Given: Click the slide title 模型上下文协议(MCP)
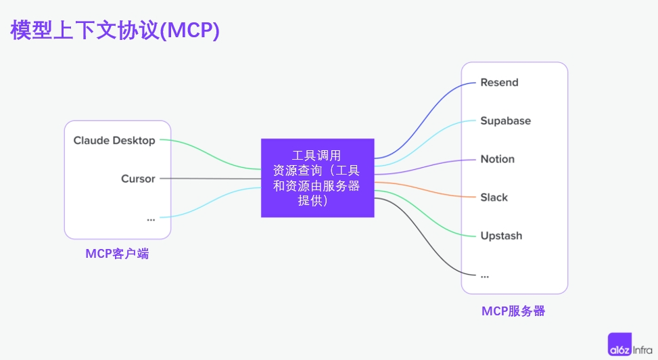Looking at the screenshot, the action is [115, 30].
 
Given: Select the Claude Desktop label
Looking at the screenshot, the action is [114, 140].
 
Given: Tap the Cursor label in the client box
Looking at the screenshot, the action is [138, 179].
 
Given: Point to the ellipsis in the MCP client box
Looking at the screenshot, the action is [151, 219].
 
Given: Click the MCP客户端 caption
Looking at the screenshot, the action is [117, 254].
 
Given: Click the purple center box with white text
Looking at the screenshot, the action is [318, 178].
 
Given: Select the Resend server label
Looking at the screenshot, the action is [499, 83].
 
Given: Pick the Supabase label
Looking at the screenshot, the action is [506, 121].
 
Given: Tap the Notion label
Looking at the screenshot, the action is [497, 159].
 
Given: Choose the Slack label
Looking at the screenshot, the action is [494, 198].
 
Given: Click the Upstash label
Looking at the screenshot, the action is [502, 235].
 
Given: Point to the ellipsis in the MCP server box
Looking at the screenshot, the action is [485, 276].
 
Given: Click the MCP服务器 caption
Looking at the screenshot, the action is [513, 311].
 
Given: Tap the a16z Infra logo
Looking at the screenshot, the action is [630, 344].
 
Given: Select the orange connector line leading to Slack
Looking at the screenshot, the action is [425, 189].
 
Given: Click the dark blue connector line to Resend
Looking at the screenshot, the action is [425, 120].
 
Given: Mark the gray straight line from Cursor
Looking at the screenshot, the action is [211, 179].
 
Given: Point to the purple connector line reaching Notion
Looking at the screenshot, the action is [425, 167].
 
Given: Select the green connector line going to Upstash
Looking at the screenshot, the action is [425, 213].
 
